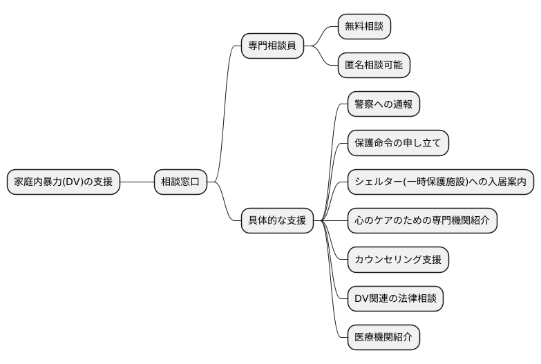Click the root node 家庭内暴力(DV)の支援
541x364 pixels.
tap(63, 182)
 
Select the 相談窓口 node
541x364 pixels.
tap(180, 182)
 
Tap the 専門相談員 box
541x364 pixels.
tap(272, 47)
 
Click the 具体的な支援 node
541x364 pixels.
tap(277, 221)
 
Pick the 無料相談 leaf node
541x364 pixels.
tap(364, 28)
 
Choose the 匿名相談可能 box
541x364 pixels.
tap(374, 66)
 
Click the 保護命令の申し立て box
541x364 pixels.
tap(397, 144)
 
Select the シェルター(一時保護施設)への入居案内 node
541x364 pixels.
tap(440, 182)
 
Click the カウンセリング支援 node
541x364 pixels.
tap(397, 260)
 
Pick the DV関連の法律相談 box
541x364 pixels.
tap(395, 299)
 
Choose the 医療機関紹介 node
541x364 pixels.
tap(383, 338)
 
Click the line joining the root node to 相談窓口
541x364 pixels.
tap(136, 182)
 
